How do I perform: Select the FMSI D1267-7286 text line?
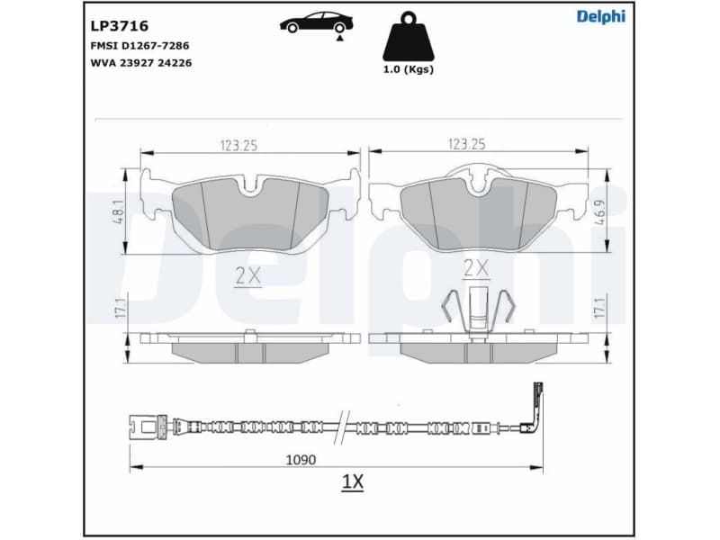pos(139,45)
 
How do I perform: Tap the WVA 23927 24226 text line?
pos(140,63)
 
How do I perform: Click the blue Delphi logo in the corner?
pos(600,16)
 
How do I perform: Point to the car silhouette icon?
pos(316,23)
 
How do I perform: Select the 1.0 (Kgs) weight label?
pos(408,70)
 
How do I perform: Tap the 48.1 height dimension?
pos(117,212)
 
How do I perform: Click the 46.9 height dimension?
pos(600,212)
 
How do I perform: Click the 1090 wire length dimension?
pos(301,459)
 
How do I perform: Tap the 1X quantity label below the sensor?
pos(352,482)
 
